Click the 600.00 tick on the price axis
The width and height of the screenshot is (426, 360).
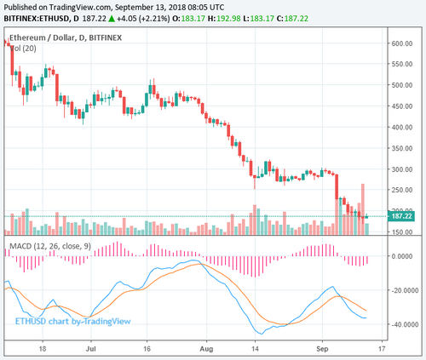point(402,43)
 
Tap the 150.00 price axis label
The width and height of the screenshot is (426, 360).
point(402,231)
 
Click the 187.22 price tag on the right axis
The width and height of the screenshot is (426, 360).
point(401,217)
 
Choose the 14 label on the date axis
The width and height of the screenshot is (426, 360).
point(255,348)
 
